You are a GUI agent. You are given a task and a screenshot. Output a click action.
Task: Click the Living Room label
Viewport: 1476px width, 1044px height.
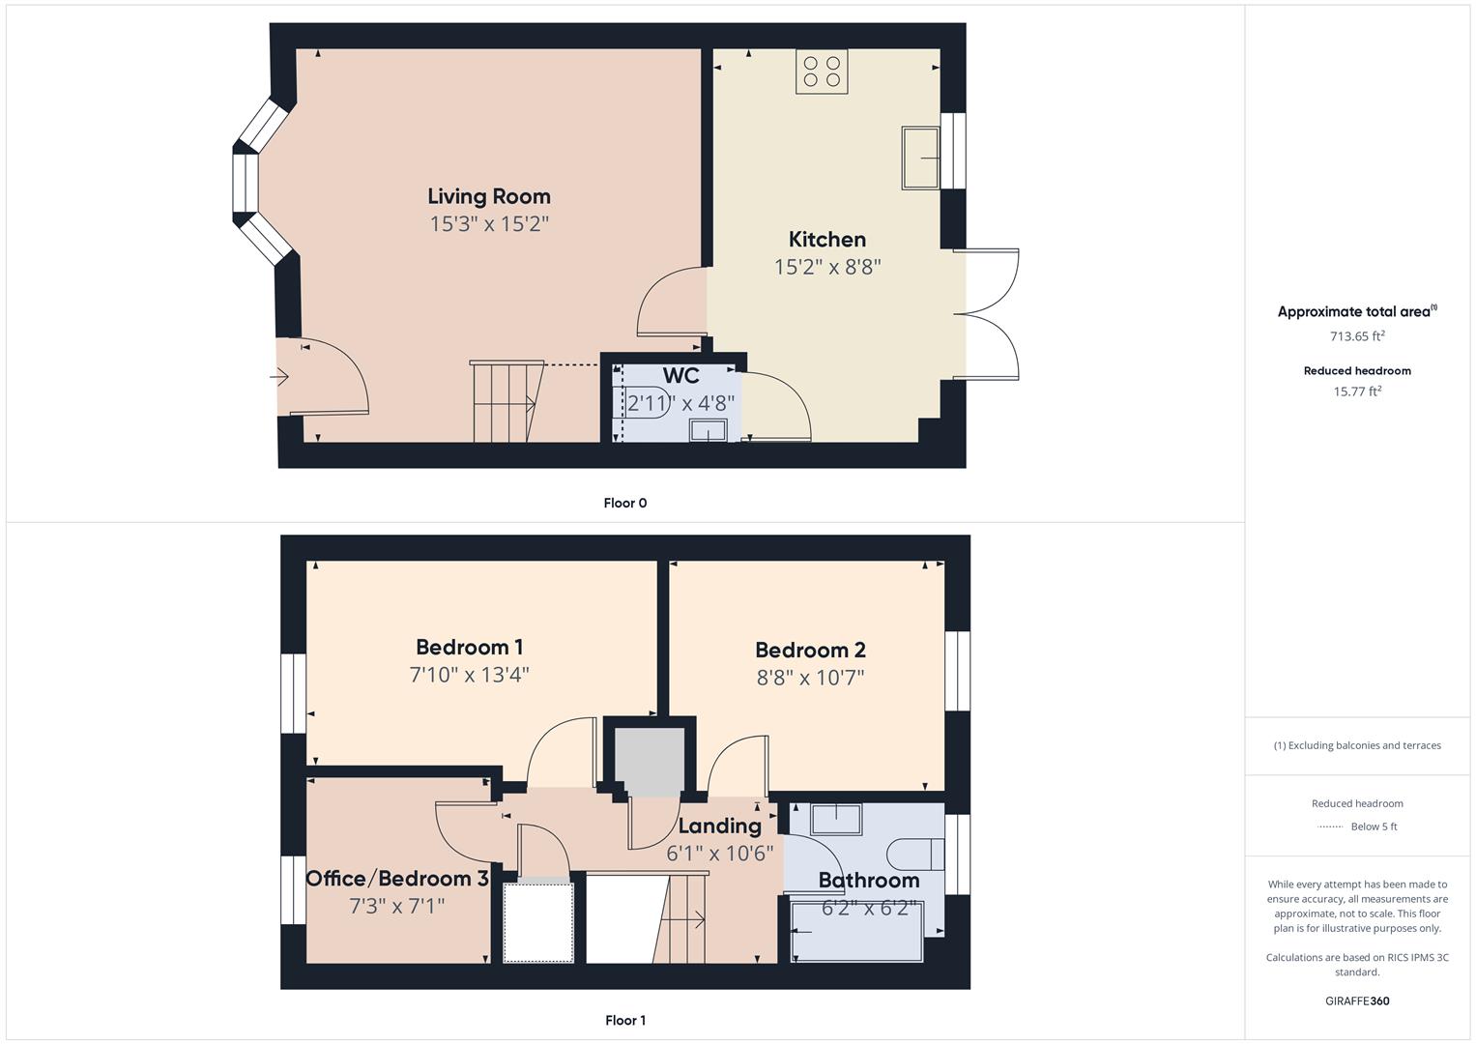click(488, 196)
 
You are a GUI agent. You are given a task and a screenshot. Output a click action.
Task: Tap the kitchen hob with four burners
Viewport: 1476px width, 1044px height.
click(822, 72)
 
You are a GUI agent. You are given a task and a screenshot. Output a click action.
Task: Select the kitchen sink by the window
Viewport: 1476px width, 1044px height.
click(920, 158)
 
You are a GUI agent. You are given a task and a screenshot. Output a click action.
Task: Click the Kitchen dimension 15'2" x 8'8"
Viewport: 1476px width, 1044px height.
click(826, 267)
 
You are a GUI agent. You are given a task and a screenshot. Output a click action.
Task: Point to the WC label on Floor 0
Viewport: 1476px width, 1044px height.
click(680, 376)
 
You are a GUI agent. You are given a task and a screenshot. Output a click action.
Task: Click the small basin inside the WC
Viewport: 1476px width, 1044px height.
click(709, 431)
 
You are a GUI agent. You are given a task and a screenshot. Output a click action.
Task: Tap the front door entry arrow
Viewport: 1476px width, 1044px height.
click(281, 377)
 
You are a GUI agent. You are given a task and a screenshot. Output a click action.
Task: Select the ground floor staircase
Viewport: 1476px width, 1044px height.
click(503, 402)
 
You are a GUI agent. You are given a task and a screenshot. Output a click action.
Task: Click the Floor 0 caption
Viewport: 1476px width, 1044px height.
click(624, 503)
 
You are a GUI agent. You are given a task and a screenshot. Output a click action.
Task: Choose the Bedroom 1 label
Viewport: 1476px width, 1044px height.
click(469, 647)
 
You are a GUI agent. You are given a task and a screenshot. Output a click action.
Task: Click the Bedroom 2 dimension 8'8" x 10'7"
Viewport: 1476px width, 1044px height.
click(810, 678)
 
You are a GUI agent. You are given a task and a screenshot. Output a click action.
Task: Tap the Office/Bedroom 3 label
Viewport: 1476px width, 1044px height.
click(397, 879)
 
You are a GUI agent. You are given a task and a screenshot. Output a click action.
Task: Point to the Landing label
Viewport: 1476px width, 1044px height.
click(719, 826)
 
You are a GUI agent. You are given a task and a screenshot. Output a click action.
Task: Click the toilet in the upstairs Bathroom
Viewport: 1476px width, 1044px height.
click(913, 855)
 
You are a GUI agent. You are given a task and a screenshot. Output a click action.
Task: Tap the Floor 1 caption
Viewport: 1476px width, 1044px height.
click(624, 1020)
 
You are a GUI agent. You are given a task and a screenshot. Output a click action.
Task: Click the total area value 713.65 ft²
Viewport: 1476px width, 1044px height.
click(1357, 336)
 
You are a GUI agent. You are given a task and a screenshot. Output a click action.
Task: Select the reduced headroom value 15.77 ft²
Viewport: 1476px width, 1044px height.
click(1357, 391)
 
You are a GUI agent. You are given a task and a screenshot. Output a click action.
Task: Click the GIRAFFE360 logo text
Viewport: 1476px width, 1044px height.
click(1357, 1000)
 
